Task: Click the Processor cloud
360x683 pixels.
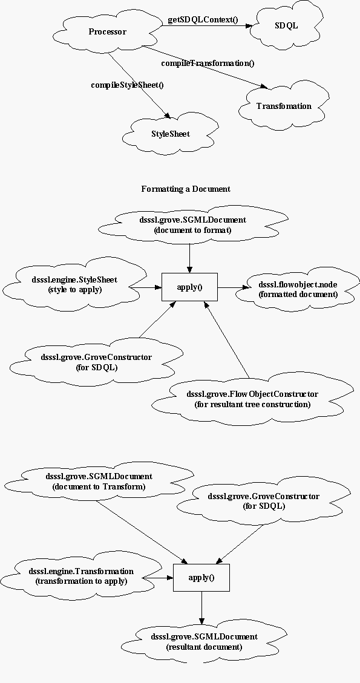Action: (x=107, y=32)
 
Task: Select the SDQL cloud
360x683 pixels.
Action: (x=287, y=25)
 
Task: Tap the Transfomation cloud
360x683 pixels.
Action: (x=284, y=106)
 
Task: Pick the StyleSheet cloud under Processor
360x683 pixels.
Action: (x=171, y=134)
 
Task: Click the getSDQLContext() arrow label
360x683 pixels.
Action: (x=203, y=20)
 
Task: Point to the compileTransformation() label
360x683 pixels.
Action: (x=208, y=63)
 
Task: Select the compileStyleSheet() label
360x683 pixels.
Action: (x=127, y=85)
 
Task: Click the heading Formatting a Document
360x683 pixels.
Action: (x=186, y=189)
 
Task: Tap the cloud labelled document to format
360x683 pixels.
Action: (x=192, y=225)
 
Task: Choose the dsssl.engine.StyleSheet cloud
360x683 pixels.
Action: (x=74, y=284)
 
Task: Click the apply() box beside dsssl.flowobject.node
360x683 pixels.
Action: (x=189, y=287)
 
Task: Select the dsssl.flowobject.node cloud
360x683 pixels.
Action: (x=298, y=289)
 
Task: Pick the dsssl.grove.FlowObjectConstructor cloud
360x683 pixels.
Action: (x=252, y=399)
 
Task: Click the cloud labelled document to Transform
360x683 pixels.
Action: (x=99, y=482)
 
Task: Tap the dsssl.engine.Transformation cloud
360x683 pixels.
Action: (x=82, y=577)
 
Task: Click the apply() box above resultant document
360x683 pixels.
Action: (x=201, y=578)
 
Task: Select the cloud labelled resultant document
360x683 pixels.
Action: (x=205, y=642)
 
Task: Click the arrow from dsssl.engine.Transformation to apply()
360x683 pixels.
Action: (x=158, y=578)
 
